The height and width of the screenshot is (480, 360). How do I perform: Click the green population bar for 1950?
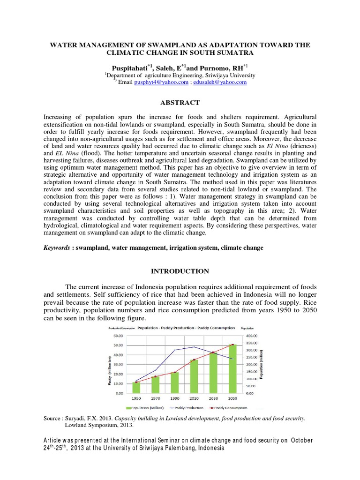(136, 387)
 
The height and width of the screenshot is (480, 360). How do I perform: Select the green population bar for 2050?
(232, 368)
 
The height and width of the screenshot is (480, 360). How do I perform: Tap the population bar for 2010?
(194, 376)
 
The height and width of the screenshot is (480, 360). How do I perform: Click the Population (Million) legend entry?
(142, 408)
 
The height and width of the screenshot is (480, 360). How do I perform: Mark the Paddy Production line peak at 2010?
(194, 347)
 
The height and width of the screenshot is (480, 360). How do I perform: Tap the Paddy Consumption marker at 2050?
(232, 345)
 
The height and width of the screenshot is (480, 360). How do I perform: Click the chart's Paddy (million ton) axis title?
(109, 370)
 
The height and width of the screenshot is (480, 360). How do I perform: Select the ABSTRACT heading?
(180, 103)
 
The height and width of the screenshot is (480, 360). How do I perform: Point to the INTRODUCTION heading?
(180, 271)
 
